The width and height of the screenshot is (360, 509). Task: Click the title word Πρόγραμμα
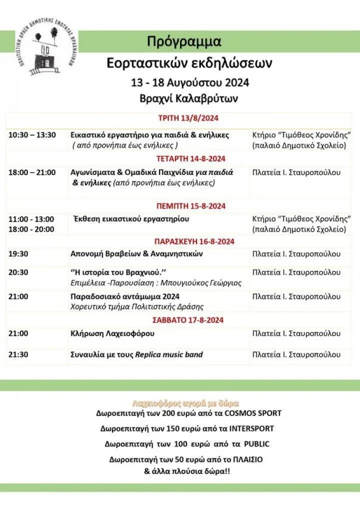184,42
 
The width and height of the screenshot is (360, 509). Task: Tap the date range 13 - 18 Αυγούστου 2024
190,83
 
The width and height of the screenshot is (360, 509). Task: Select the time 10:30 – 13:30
32,135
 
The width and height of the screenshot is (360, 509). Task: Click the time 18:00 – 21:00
32,172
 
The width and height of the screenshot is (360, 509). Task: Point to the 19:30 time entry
18,253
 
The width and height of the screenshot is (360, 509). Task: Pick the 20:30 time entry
18,272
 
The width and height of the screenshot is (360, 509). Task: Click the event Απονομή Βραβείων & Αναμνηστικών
136,253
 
